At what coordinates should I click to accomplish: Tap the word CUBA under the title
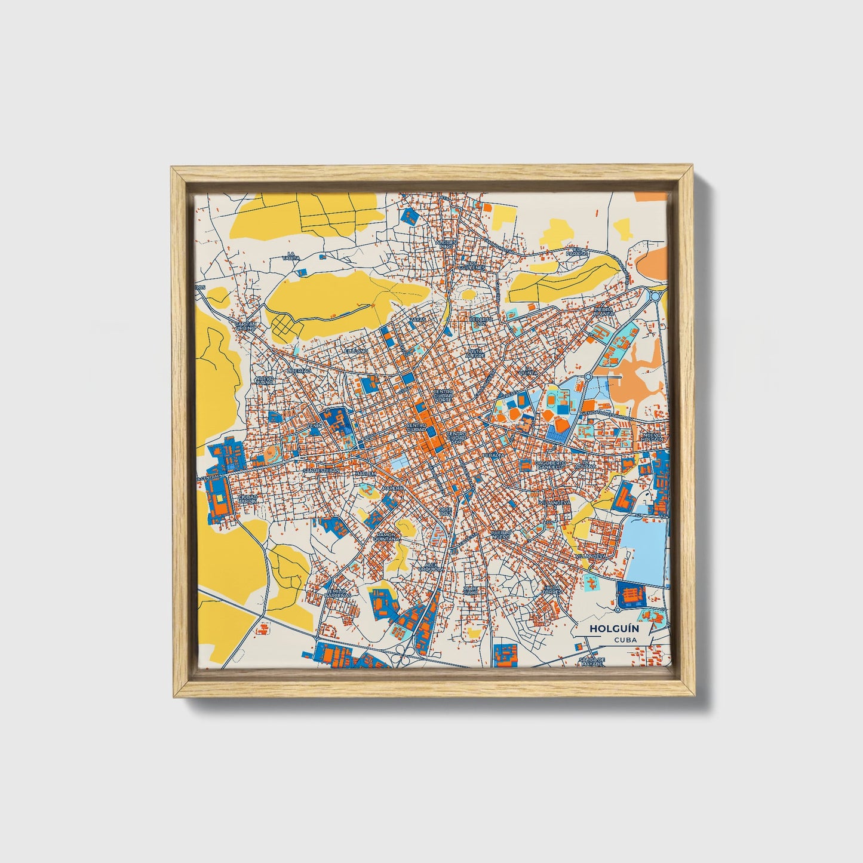pyautogui.click(x=625, y=640)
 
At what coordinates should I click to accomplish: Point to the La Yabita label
pyautogui.click(x=291, y=256)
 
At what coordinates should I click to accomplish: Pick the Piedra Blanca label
pyautogui.click(x=603, y=312)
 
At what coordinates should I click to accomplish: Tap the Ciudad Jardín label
pyautogui.click(x=248, y=498)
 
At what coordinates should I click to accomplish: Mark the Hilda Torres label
pyautogui.click(x=552, y=590)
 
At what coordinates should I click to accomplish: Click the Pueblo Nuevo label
pyautogui.click(x=500, y=533)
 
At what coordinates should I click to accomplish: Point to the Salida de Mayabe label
pyautogui.click(x=592, y=661)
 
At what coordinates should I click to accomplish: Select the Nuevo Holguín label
pyautogui.click(x=652, y=436)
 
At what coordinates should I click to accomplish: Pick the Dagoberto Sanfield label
pyautogui.click(x=549, y=465)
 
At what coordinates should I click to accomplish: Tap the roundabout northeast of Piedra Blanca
pyautogui.click(x=655, y=295)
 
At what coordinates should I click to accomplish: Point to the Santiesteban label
pyautogui.click(x=321, y=471)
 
